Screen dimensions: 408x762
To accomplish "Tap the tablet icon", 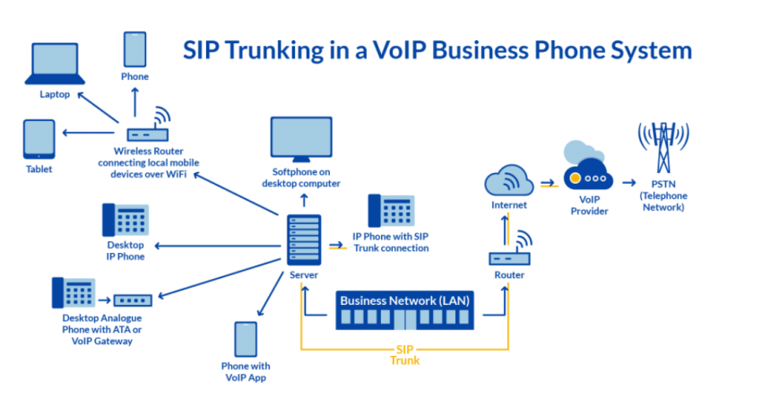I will [x=39, y=140].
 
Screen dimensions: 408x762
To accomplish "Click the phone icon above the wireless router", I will [x=135, y=48].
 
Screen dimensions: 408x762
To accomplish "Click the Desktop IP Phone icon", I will [x=126, y=221].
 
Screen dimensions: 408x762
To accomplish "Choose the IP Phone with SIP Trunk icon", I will [x=391, y=212].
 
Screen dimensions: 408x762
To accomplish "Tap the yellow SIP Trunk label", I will [x=404, y=355].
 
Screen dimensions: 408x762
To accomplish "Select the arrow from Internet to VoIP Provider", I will [x=547, y=183].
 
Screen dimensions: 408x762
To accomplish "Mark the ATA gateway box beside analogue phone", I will [x=134, y=299].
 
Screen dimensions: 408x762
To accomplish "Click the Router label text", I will [x=509, y=275].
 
